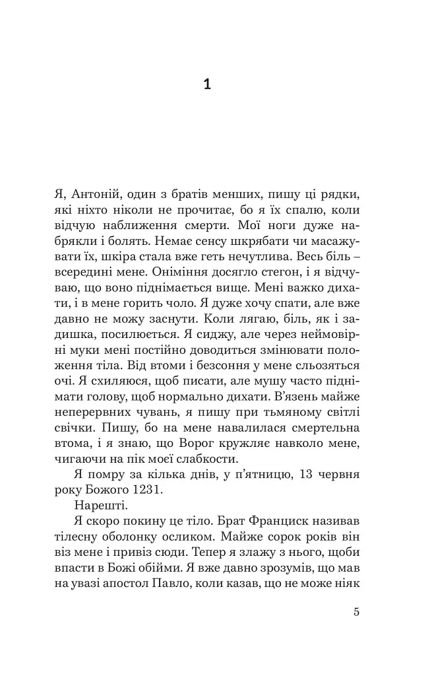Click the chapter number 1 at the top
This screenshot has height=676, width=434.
click(207, 85)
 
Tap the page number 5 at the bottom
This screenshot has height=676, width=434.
click(356, 611)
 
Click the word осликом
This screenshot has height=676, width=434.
click(208, 537)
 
